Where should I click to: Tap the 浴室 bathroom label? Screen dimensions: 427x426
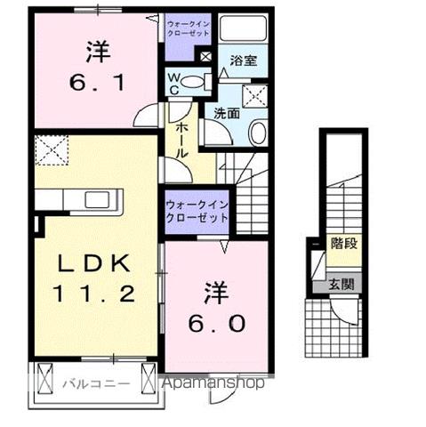pos(243,61)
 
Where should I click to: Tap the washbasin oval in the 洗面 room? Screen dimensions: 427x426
pos(256,134)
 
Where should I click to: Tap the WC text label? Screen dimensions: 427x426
pos(174,82)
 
